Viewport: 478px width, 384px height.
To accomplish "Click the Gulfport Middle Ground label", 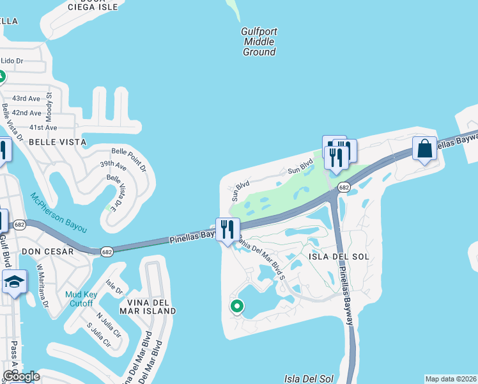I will (259, 42).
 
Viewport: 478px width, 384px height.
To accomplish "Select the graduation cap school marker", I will (14, 282).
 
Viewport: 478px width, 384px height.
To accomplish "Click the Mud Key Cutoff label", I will (81, 300).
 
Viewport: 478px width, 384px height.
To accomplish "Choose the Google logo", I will (20, 376).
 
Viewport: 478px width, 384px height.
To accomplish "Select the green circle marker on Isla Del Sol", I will (236, 307).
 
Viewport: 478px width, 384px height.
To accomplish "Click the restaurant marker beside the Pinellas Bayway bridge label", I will (227, 229).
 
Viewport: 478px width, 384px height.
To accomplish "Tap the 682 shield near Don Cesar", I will (107, 251).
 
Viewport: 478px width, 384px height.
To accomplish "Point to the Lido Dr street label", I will (12, 61).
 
